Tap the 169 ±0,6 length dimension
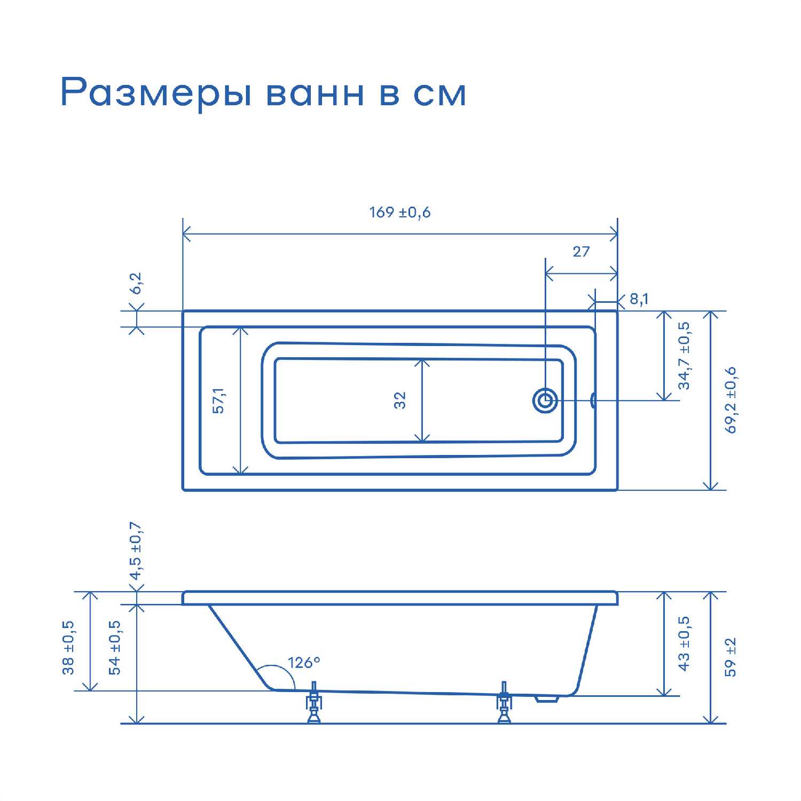click(x=400, y=213)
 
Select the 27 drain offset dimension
click(x=581, y=252)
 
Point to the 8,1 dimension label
click(x=639, y=299)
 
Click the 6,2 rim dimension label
click(x=136, y=284)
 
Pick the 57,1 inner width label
click(x=219, y=400)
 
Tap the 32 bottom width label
click(x=400, y=400)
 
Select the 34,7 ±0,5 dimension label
click(x=684, y=356)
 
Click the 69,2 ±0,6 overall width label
click(x=731, y=400)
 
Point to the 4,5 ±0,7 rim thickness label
click(x=136, y=551)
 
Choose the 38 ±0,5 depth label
click(x=68, y=648)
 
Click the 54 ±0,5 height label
click(x=115, y=648)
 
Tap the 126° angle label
click(x=304, y=663)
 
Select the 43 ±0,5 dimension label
click(x=684, y=643)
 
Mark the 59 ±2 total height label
click(x=731, y=657)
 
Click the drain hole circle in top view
click(x=545, y=400)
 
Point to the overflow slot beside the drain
click(x=593, y=400)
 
